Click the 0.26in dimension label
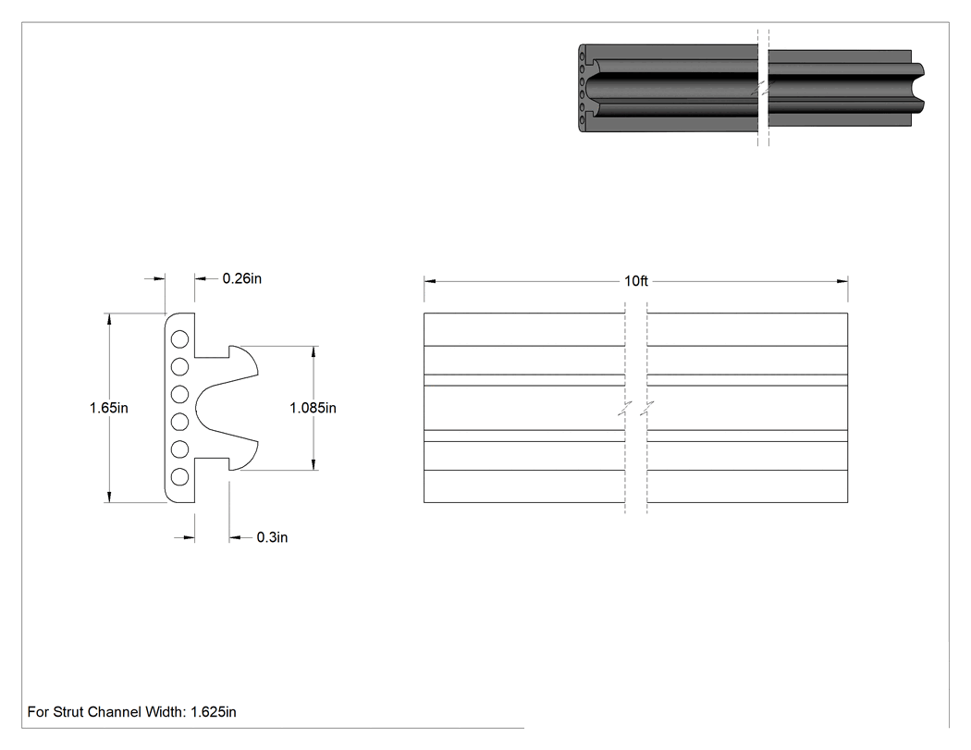tap(242, 278)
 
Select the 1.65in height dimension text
tap(109, 408)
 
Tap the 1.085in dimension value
tap(313, 408)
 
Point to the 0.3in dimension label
tap(273, 537)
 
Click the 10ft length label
tap(636, 281)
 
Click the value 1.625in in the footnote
tap(214, 712)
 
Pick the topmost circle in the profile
tap(179, 339)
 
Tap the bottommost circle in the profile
tap(179, 476)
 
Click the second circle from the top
tap(179, 366)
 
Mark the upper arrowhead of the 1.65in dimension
tap(109, 318)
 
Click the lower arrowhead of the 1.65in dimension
tap(109, 497)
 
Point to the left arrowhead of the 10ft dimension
tap(430, 281)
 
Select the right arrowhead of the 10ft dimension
tap(842, 281)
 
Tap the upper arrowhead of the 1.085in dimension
tap(313, 351)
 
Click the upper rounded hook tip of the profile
tap(256, 373)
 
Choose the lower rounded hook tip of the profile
tap(256, 444)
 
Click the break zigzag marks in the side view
tap(636, 408)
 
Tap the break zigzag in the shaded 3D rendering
tap(763, 87)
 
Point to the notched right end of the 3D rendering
tap(917, 87)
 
